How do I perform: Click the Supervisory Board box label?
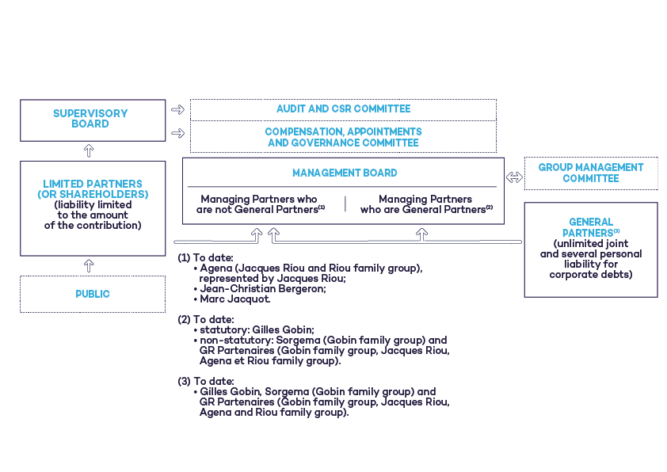pos(90,119)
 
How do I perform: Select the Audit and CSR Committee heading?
pos(343,109)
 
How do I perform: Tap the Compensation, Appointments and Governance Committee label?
pos(343,137)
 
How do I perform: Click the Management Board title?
pos(344,173)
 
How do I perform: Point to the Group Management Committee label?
pos(590,173)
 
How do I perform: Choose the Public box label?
pos(93,294)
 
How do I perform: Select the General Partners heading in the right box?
pos(590,227)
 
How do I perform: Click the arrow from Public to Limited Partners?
pos(89,266)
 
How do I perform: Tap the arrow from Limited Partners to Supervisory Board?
pos(89,150)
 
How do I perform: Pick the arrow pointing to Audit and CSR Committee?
pos(177,109)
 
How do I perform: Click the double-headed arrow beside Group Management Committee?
pos(514,178)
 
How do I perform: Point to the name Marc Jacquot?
pos(235,299)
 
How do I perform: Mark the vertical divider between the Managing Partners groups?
pos(345,204)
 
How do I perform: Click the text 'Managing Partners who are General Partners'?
pos(425,204)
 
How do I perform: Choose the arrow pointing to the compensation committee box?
pos(177,134)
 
